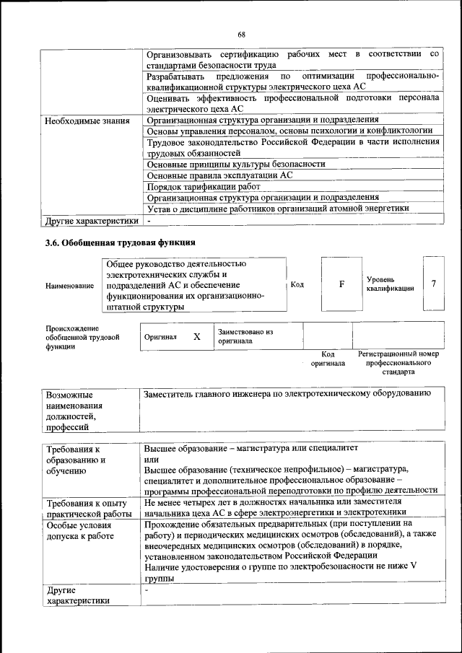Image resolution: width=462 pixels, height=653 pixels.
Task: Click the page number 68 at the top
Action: [242, 35]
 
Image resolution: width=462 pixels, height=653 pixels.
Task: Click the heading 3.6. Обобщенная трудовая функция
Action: [120, 242]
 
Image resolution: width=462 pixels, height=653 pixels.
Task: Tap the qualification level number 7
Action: [433, 284]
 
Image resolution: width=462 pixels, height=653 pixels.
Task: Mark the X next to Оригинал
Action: [196, 337]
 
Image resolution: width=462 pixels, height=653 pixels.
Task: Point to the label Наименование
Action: [69, 285]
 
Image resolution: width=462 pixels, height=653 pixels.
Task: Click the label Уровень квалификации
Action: [390, 284]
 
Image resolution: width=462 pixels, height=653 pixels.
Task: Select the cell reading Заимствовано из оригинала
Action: [245, 336]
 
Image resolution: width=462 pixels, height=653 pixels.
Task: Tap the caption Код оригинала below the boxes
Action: [327, 359]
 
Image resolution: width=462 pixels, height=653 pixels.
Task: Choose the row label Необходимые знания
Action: [87, 120]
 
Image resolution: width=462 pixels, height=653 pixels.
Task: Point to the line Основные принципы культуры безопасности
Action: [235, 164]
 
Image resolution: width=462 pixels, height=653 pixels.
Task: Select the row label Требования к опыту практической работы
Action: [86, 508]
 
